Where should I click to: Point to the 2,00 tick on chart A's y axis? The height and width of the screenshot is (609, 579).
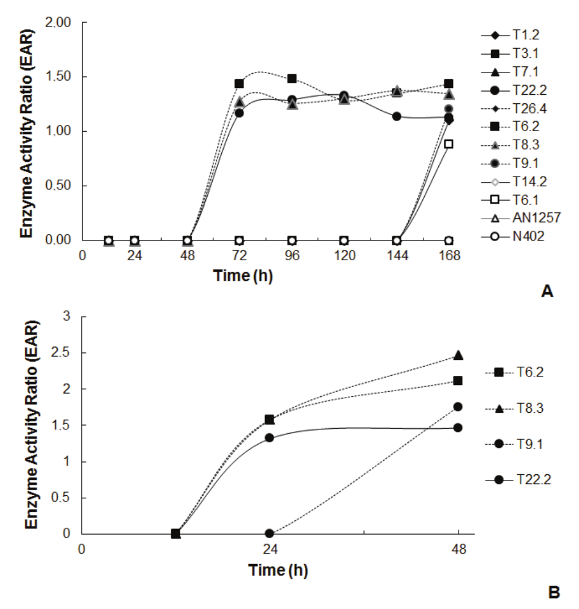click(x=59, y=23)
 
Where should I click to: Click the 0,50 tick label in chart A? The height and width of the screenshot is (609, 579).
click(x=59, y=186)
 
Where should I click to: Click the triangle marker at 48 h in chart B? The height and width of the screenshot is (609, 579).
click(x=458, y=355)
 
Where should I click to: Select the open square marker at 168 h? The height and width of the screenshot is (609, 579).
click(x=449, y=144)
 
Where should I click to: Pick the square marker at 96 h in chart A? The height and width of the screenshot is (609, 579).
click(x=293, y=79)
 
